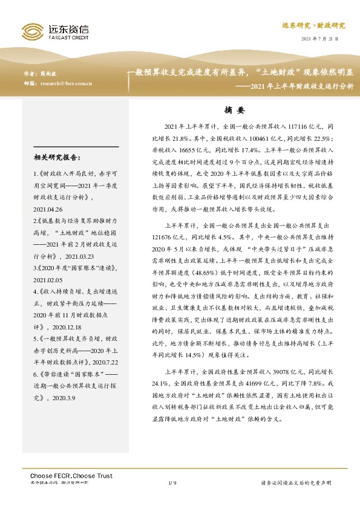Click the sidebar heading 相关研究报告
coord(57,158)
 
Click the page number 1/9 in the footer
coord(172,482)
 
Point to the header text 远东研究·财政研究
coord(313,25)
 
